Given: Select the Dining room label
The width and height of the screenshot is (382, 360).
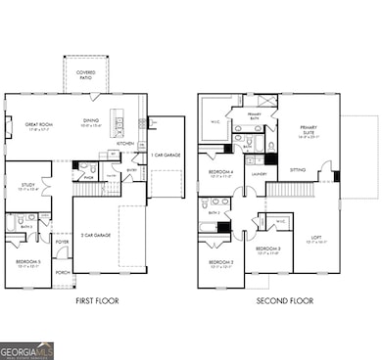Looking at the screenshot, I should click(x=90, y=122).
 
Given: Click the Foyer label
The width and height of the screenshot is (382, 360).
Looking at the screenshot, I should click(x=62, y=241).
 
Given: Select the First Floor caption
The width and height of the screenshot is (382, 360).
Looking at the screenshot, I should click(x=97, y=301).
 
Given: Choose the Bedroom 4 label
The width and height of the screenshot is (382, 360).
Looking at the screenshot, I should click(x=220, y=174).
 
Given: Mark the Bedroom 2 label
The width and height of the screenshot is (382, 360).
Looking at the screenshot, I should click(x=268, y=249).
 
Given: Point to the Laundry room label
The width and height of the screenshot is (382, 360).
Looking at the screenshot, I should click(x=259, y=175).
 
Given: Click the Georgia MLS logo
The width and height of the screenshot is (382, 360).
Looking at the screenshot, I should click(x=27, y=350).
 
